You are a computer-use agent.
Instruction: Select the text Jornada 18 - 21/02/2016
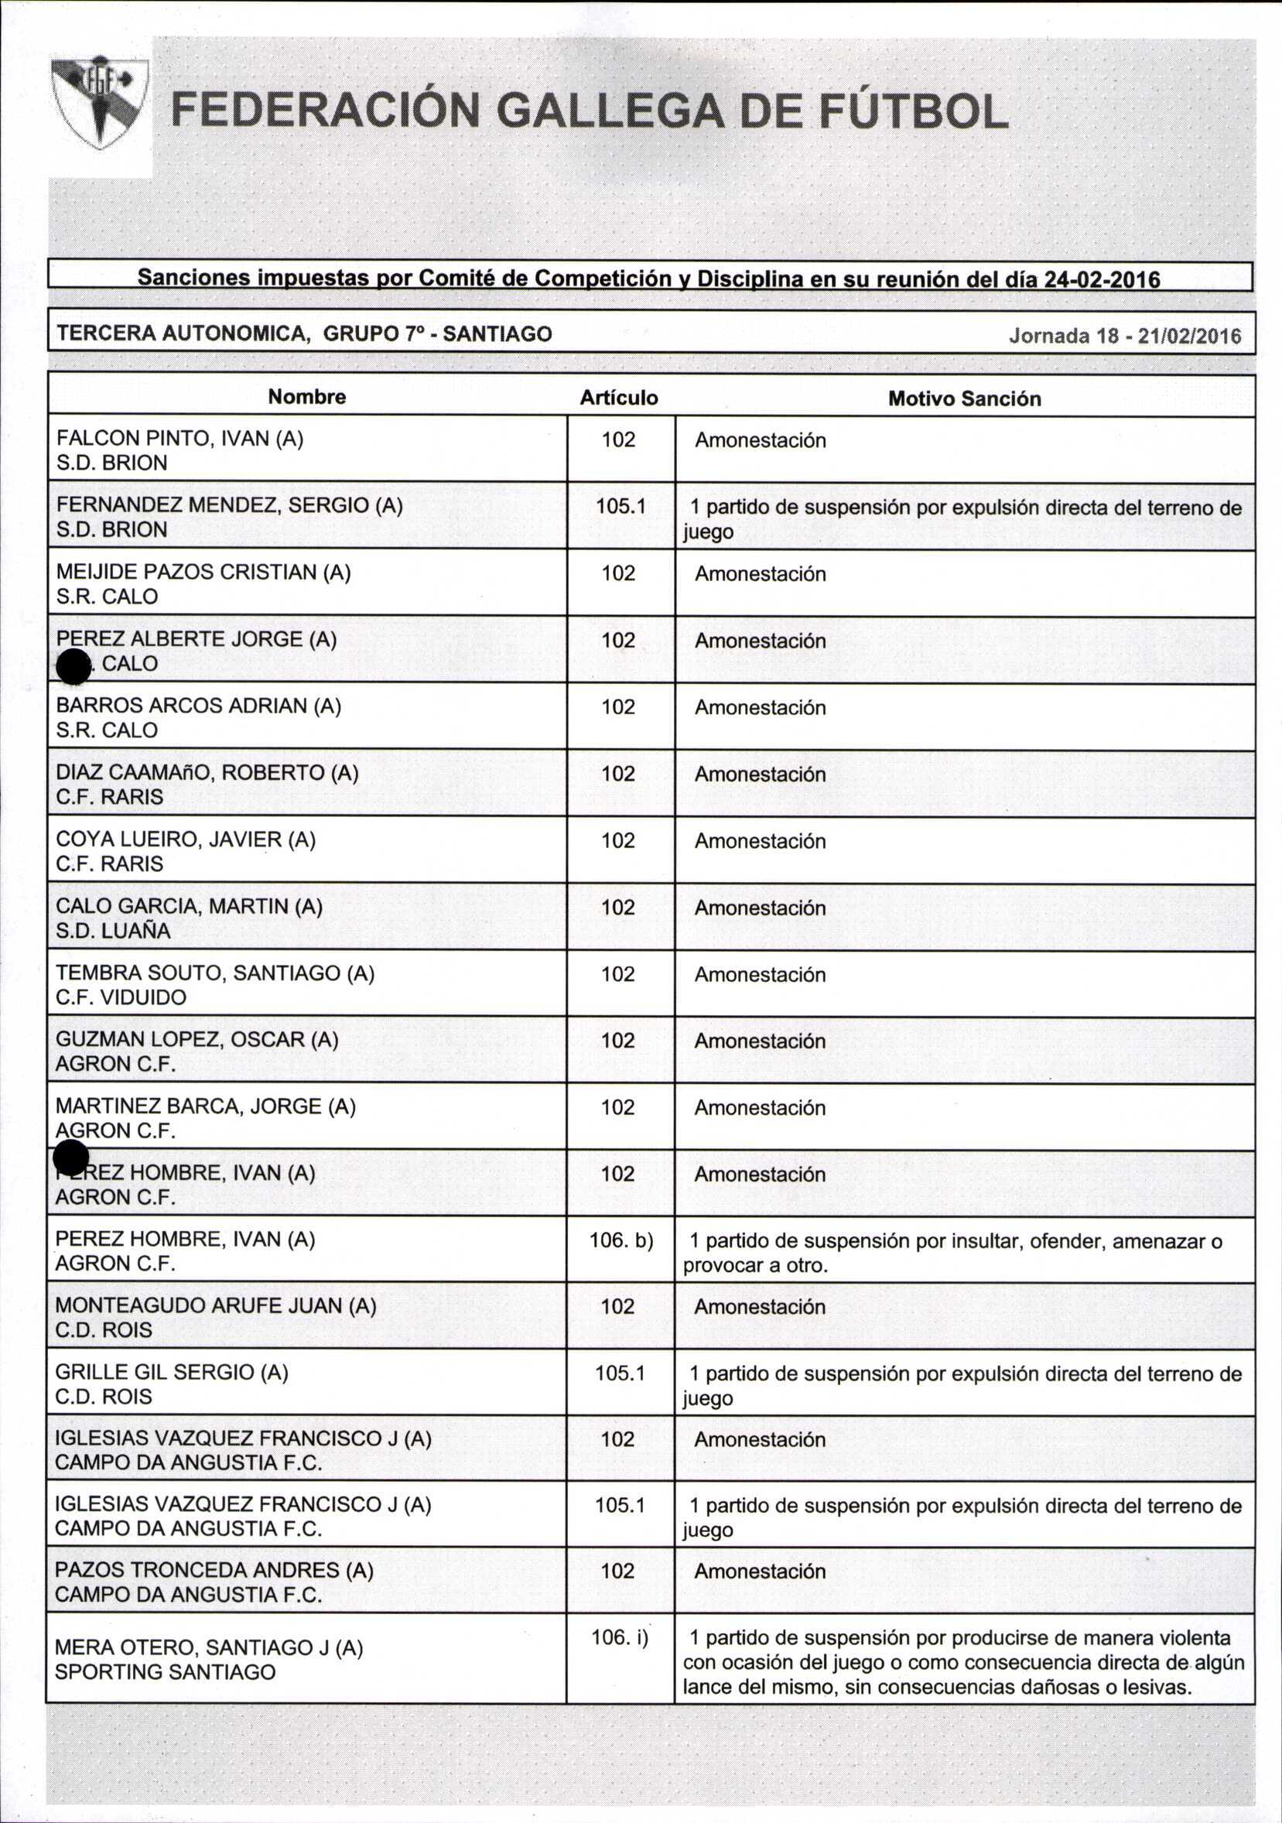pyautogui.click(x=1124, y=335)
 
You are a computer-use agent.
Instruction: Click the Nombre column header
pyautogui.click(x=306, y=396)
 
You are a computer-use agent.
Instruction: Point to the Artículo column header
pyautogui.click(x=618, y=397)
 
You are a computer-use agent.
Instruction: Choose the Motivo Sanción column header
pyautogui.click(x=964, y=398)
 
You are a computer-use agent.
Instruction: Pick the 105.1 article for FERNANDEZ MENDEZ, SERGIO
pyautogui.click(x=620, y=506)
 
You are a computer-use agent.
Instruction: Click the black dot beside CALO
pyautogui.click(x=74, y=666)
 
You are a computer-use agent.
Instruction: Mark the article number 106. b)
pyautogui.click(x=620, y=1240)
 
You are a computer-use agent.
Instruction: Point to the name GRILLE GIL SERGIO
pyautogui.click(x=172, y=1372)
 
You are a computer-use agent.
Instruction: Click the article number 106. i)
pyautogui.click(x=619, y=1637)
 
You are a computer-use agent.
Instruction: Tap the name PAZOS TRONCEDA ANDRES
pyautogui.click(x=214, y=1570)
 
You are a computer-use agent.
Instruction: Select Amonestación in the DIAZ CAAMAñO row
pyautogui.click(x=760, y=774)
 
